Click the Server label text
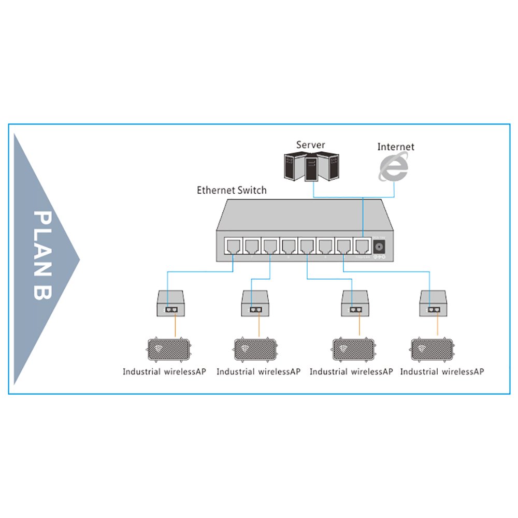[x=311, y=145]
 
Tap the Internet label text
[x=396, y=147]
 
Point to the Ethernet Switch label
[x=232, y=190]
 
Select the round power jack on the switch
[x=380, y=247]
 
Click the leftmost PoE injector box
[x=171, y=303]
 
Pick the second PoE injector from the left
[x=255, y=303]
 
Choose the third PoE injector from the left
[x=355, y=303]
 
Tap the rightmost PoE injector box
[x=433, y=303]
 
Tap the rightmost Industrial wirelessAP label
[x=442, y=371]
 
